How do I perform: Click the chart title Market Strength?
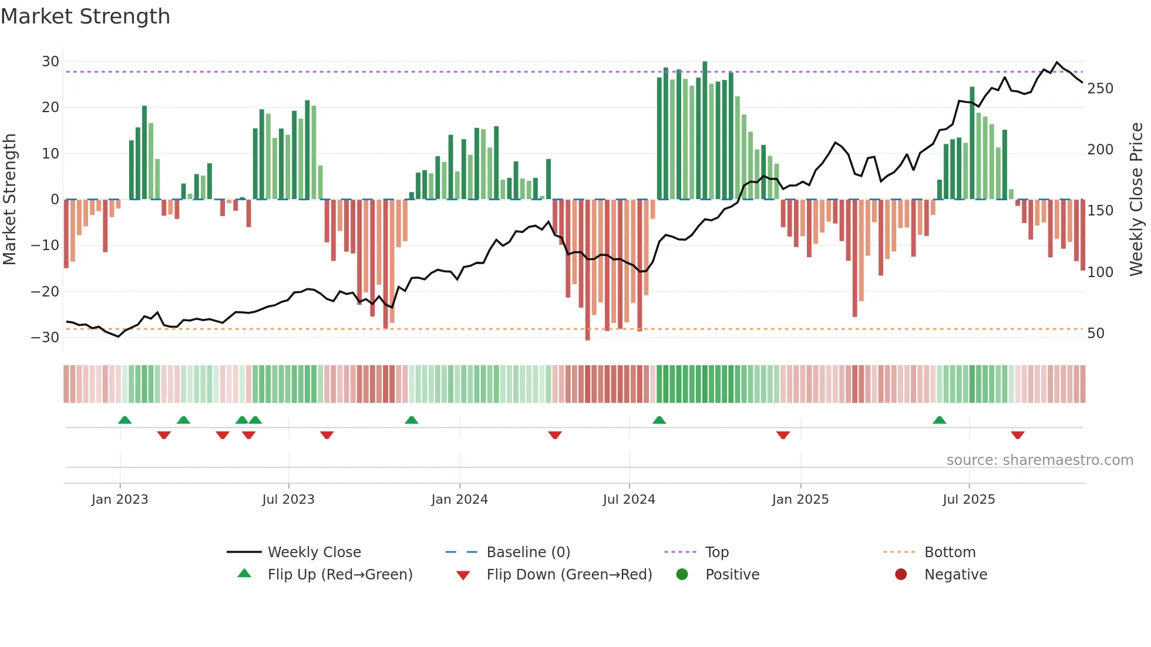(85, 16)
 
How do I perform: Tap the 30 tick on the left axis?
(51, 62)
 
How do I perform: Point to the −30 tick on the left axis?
(45, 338)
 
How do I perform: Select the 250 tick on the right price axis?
(1100, 89)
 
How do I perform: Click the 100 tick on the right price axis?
(1100, 272)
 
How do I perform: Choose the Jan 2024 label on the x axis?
(459, 500)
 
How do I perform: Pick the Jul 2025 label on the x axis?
(968, 500)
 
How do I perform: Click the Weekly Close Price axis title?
(1136, 199)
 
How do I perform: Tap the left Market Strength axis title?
(10, 199)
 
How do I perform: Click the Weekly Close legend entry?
(314, 552)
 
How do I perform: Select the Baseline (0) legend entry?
(528, 552)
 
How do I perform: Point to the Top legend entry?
(716, 552)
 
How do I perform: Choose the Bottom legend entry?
(950, 552)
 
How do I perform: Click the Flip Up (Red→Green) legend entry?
(340, 575)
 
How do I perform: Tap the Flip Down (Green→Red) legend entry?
(569, 575)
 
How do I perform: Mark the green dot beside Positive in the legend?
(682, 574)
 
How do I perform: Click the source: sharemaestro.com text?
(1039, 460)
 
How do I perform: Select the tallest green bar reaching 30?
(705, 129)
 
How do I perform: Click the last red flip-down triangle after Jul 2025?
(1018, 435)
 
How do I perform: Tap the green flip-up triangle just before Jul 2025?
(940, 420)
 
